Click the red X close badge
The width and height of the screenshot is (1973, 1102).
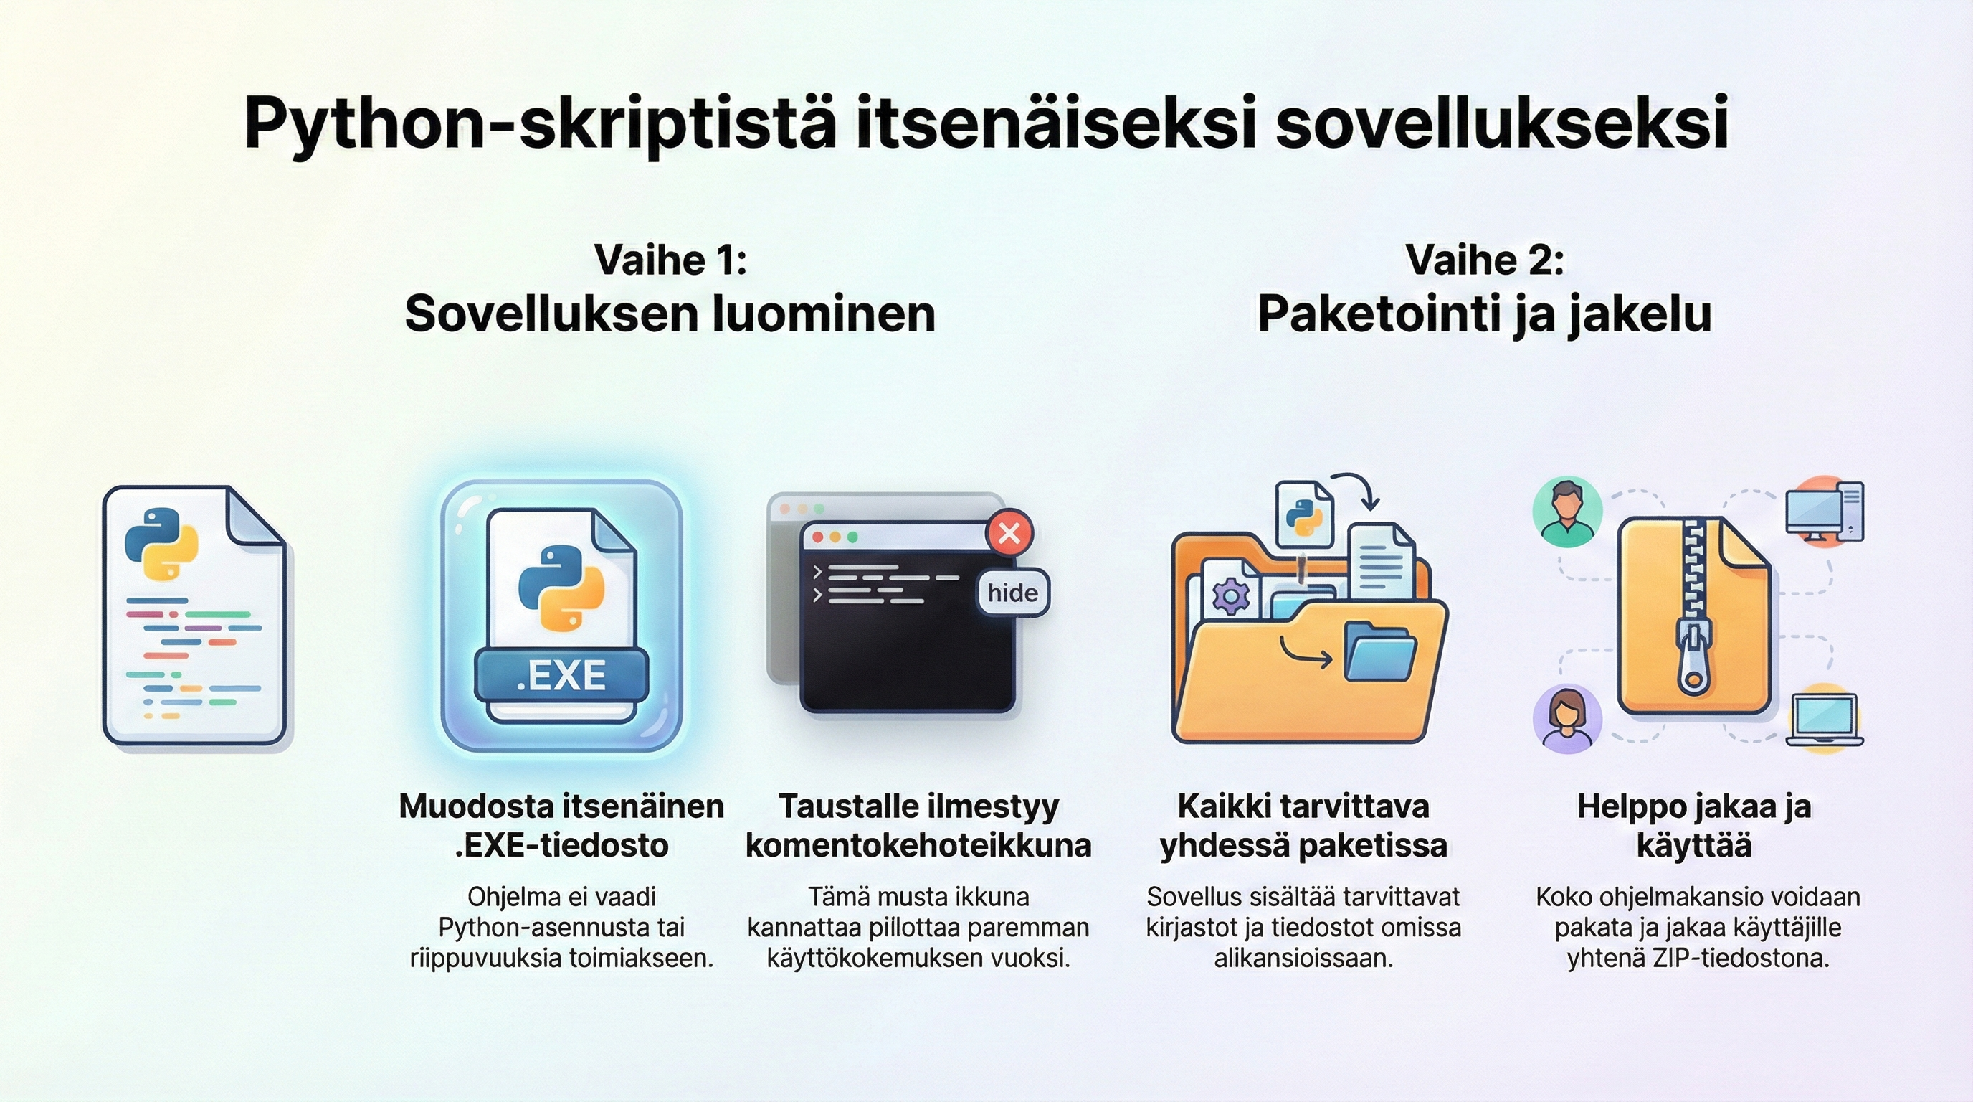(1009, 532)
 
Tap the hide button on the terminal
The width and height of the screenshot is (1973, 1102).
(1012, 593)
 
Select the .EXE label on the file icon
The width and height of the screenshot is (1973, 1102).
(561, 675)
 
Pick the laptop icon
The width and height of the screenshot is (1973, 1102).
(1824, 720)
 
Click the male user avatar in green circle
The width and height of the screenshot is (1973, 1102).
(1567, 512)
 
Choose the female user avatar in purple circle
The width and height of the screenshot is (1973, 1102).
(1567, 720)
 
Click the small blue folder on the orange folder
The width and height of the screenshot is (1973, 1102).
(1380, 651)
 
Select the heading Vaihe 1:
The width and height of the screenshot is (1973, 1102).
(670, 260)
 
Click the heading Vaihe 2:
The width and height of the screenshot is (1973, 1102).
(1484, 260)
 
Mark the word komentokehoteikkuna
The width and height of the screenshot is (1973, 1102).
(918, 845)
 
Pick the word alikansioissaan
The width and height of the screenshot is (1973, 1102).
(1303, 958)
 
